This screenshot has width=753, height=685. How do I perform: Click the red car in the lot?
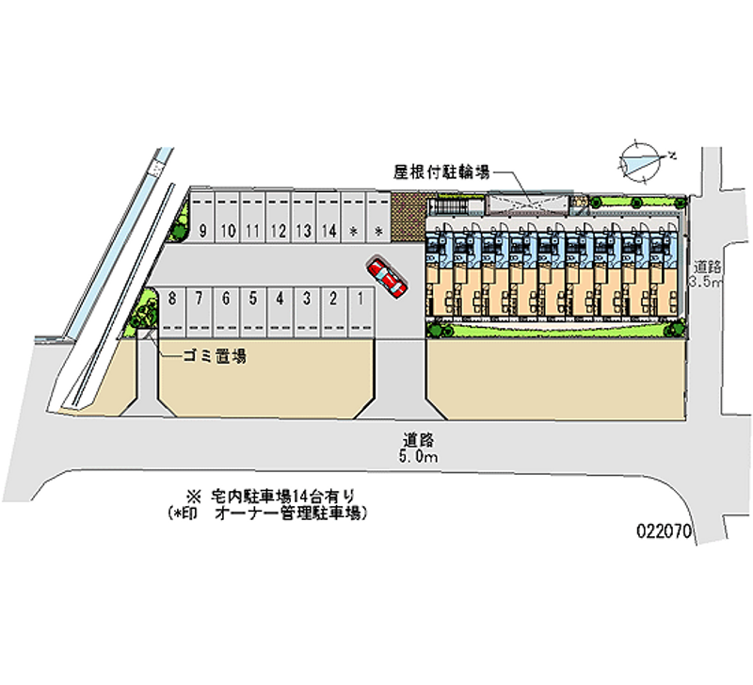(385, 276)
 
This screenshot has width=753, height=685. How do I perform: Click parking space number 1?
(361, 299)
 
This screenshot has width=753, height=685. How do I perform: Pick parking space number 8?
(172, 299)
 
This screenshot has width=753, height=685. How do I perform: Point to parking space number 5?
(253, 299)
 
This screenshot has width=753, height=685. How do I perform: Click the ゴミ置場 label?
(215, 356)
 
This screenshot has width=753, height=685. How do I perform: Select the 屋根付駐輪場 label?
(441, 172)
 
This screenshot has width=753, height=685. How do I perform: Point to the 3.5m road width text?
(706, 282)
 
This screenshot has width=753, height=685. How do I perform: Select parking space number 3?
(307, 299)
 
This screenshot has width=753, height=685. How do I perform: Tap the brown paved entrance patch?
(407, 219)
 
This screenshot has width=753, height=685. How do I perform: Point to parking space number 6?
(226, 299)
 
